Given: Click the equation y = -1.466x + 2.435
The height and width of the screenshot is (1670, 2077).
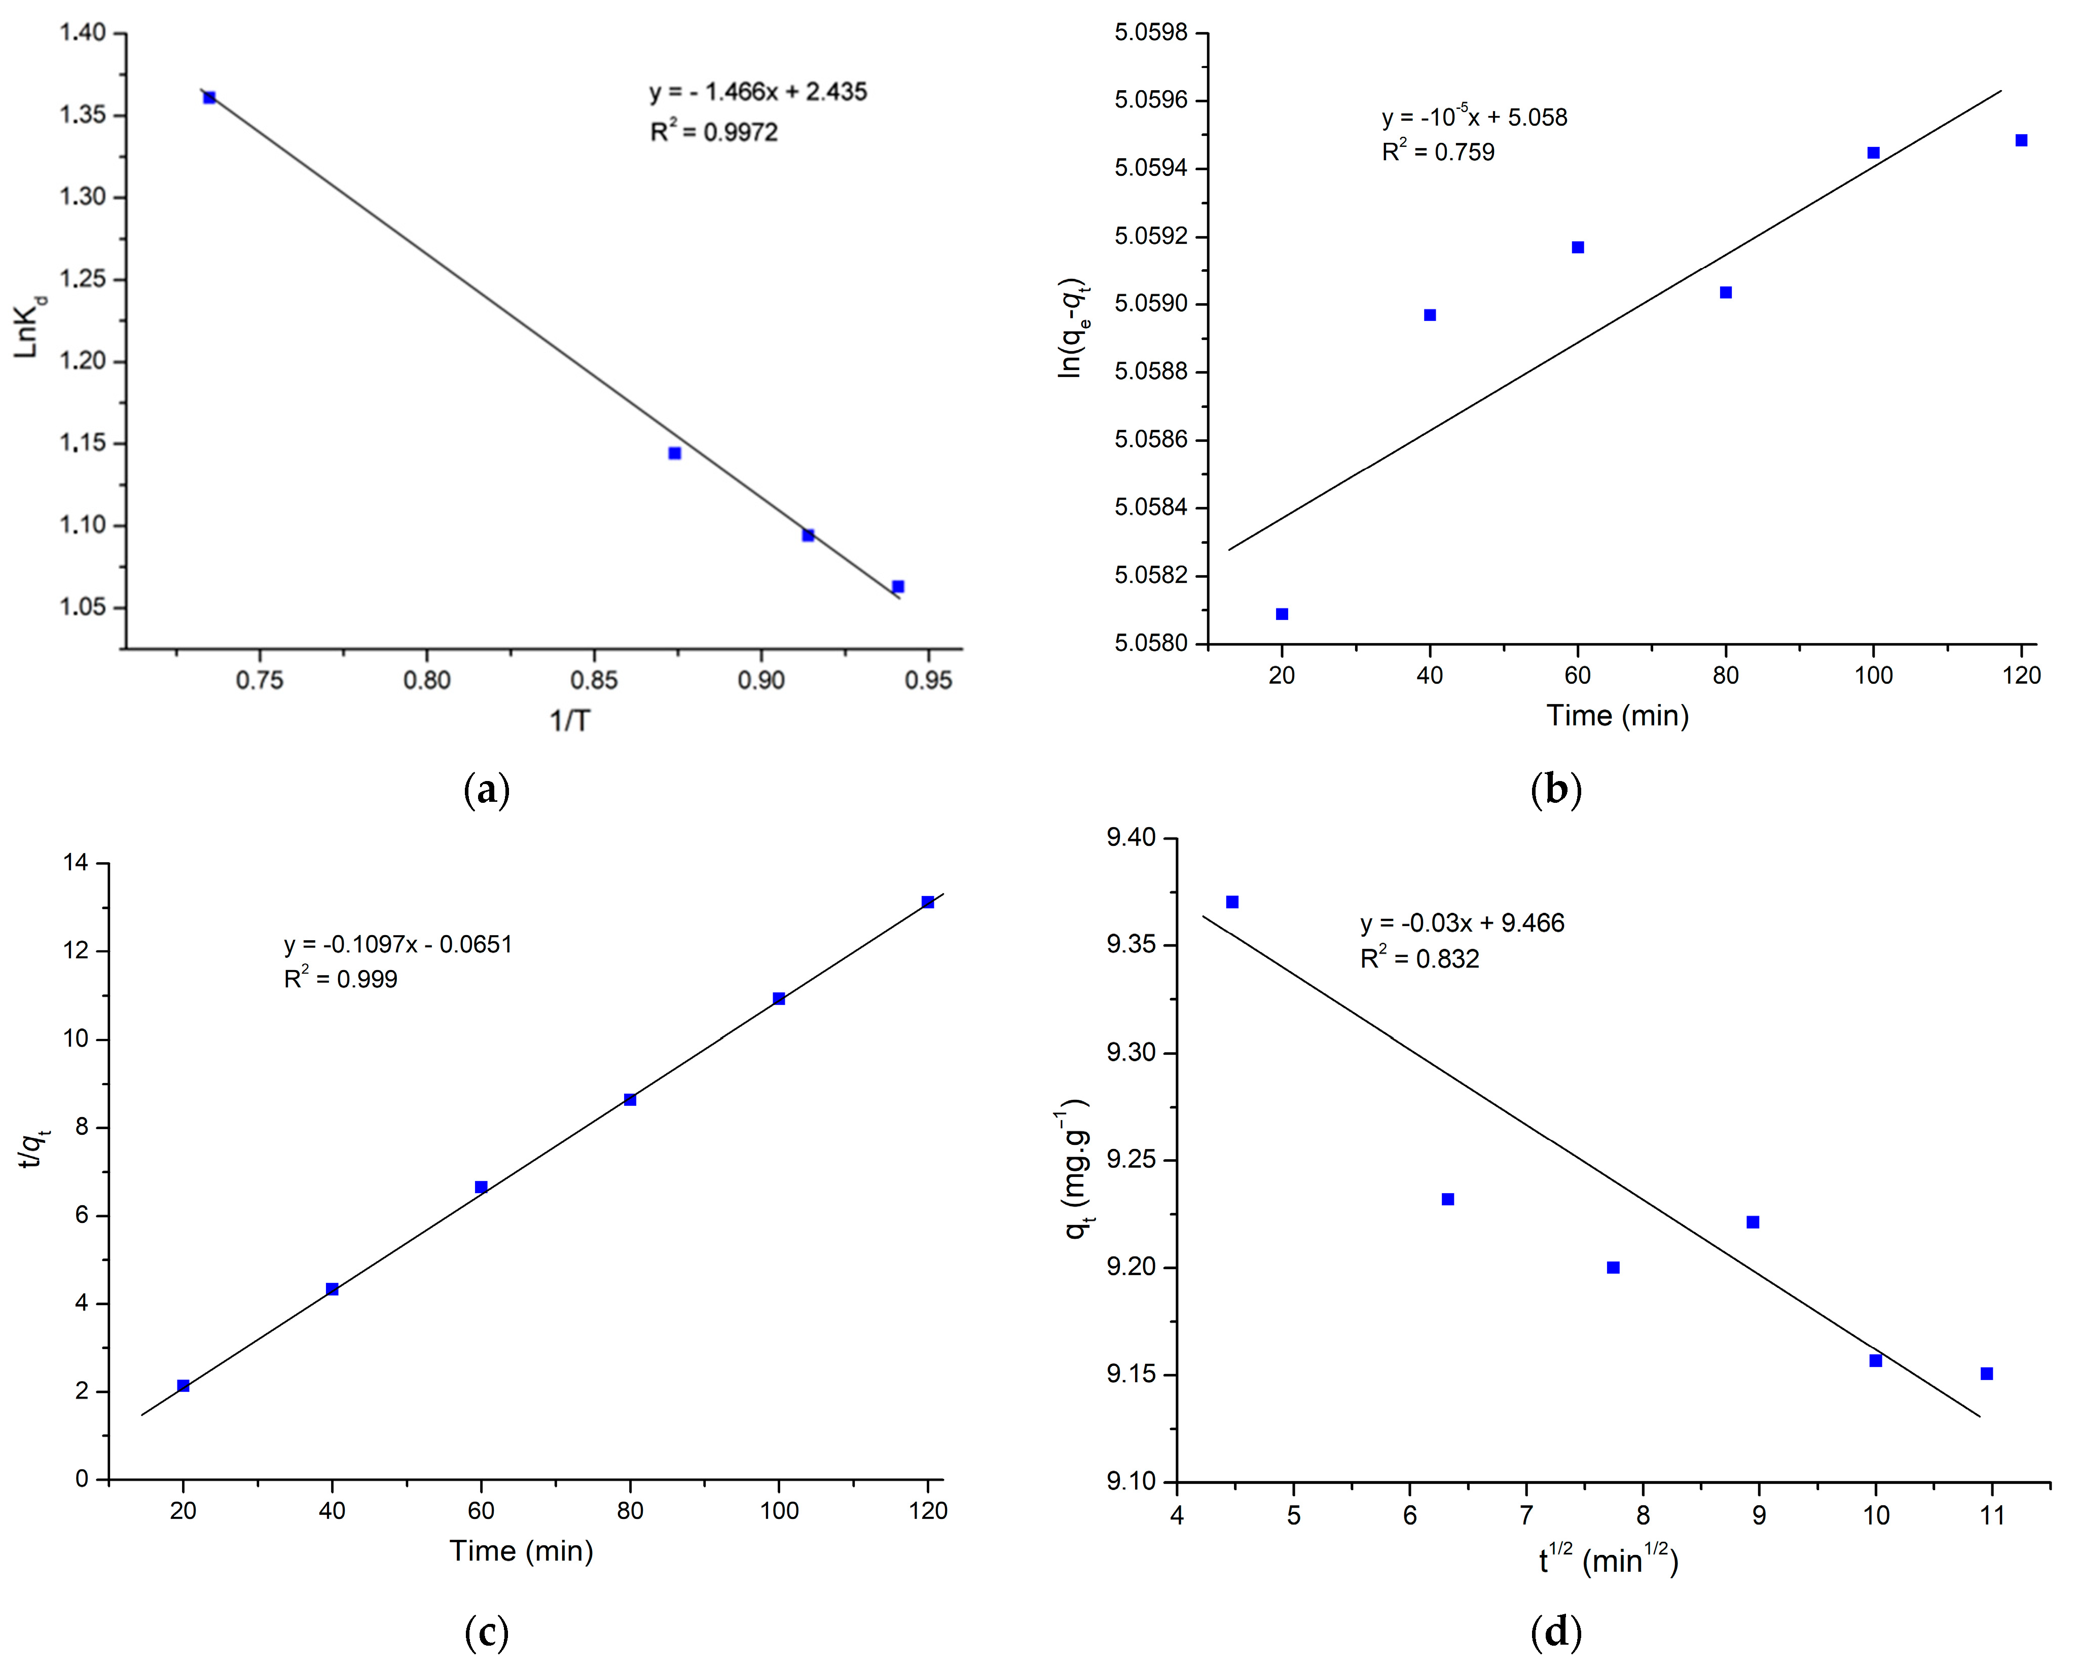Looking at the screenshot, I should click(x=758, y=92).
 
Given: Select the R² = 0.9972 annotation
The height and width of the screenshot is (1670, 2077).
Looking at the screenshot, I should click(x=714, y=132).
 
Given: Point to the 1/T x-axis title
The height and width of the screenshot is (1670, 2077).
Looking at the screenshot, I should click(x=569, y=720).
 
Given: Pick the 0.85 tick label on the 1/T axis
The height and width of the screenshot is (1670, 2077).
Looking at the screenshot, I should click(x=594, y=681).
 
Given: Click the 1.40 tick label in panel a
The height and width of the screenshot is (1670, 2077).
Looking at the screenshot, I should click(x=83, y=34).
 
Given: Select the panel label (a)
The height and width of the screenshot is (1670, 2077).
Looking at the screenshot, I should click(x=487, y=791).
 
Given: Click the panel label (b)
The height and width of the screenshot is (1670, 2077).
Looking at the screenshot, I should click(x=1556, y=791).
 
